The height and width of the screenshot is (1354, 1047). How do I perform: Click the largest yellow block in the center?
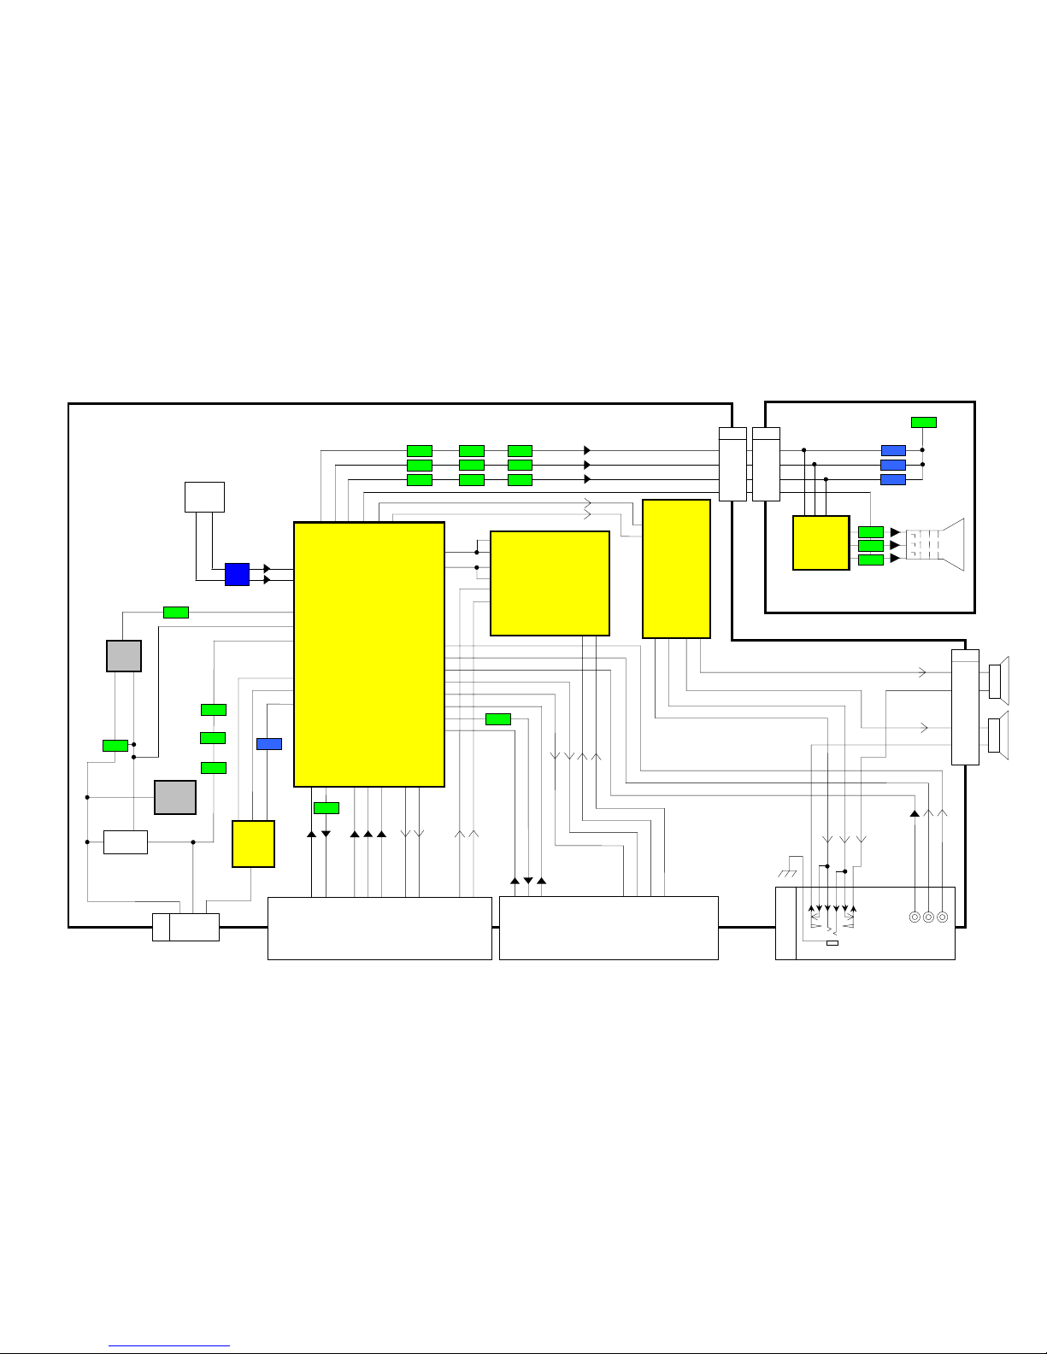point(368,654)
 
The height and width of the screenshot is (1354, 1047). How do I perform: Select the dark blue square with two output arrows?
point(237,574)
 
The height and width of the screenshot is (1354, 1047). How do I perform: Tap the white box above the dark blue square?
point(204,496)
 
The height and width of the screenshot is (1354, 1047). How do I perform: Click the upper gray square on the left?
point(124,656)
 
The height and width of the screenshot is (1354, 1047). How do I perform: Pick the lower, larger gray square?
point(175,797)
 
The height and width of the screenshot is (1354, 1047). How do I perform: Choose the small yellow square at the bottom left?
point(253,844)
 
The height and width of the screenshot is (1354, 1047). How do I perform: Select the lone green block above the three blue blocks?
point(923,422)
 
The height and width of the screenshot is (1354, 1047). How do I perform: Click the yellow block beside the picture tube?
point(821,542)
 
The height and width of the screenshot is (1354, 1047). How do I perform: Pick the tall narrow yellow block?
point(676,568)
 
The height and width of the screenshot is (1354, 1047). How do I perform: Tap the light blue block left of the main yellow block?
point(269,744)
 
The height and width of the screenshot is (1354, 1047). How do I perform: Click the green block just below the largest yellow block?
point(326,808)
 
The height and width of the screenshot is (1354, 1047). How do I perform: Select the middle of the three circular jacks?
point(928,917)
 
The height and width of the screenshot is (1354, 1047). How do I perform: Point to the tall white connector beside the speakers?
point(965,706)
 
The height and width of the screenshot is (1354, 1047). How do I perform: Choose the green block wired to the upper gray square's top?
point(176,612)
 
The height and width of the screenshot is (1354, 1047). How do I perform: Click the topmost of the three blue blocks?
point(893,450)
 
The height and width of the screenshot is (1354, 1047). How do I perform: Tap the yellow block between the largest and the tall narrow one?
point(550,583)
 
